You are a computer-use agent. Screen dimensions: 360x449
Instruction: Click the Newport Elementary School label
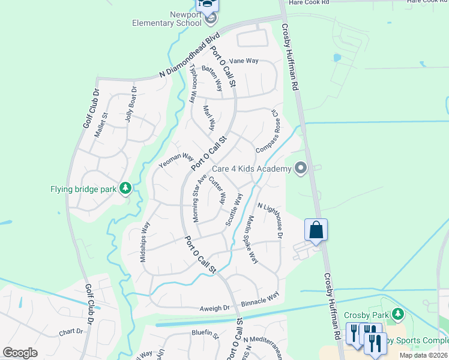coord(166,18)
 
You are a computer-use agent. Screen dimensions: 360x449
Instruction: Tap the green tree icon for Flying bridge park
coord(125,189)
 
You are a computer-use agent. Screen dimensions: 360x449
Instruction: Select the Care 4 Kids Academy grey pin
coord(301,169)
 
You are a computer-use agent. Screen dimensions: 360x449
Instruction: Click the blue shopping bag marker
coord(316,230)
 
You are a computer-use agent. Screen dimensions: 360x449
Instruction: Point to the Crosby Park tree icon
coord(396,314)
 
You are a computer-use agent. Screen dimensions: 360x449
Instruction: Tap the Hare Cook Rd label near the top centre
coord(309,3)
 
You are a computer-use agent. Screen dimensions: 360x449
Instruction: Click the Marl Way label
coord(209,118)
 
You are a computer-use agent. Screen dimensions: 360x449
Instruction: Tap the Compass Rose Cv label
coord(270,131)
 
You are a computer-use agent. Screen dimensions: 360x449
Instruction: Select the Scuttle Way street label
coord(235,209)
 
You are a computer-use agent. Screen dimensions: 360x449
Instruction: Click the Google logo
coord(20,353)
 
